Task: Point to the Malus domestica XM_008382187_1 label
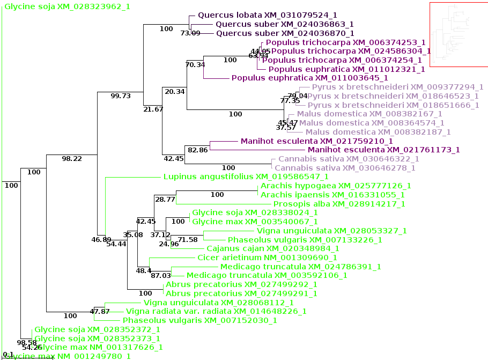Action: (x=378, y=132)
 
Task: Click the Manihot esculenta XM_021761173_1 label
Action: (x=383, y=150)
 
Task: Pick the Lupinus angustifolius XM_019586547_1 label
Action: (x=246, y=176)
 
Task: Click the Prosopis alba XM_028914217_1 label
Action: (x=339, y=204)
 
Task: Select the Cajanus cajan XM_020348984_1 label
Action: (x=272, y=248)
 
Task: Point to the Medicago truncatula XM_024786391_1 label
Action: (x=300, y=267)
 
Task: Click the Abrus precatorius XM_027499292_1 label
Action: (x=241, y=284)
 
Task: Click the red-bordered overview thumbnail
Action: (x=459, y=35)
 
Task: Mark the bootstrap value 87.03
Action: (x=160, y=276)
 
